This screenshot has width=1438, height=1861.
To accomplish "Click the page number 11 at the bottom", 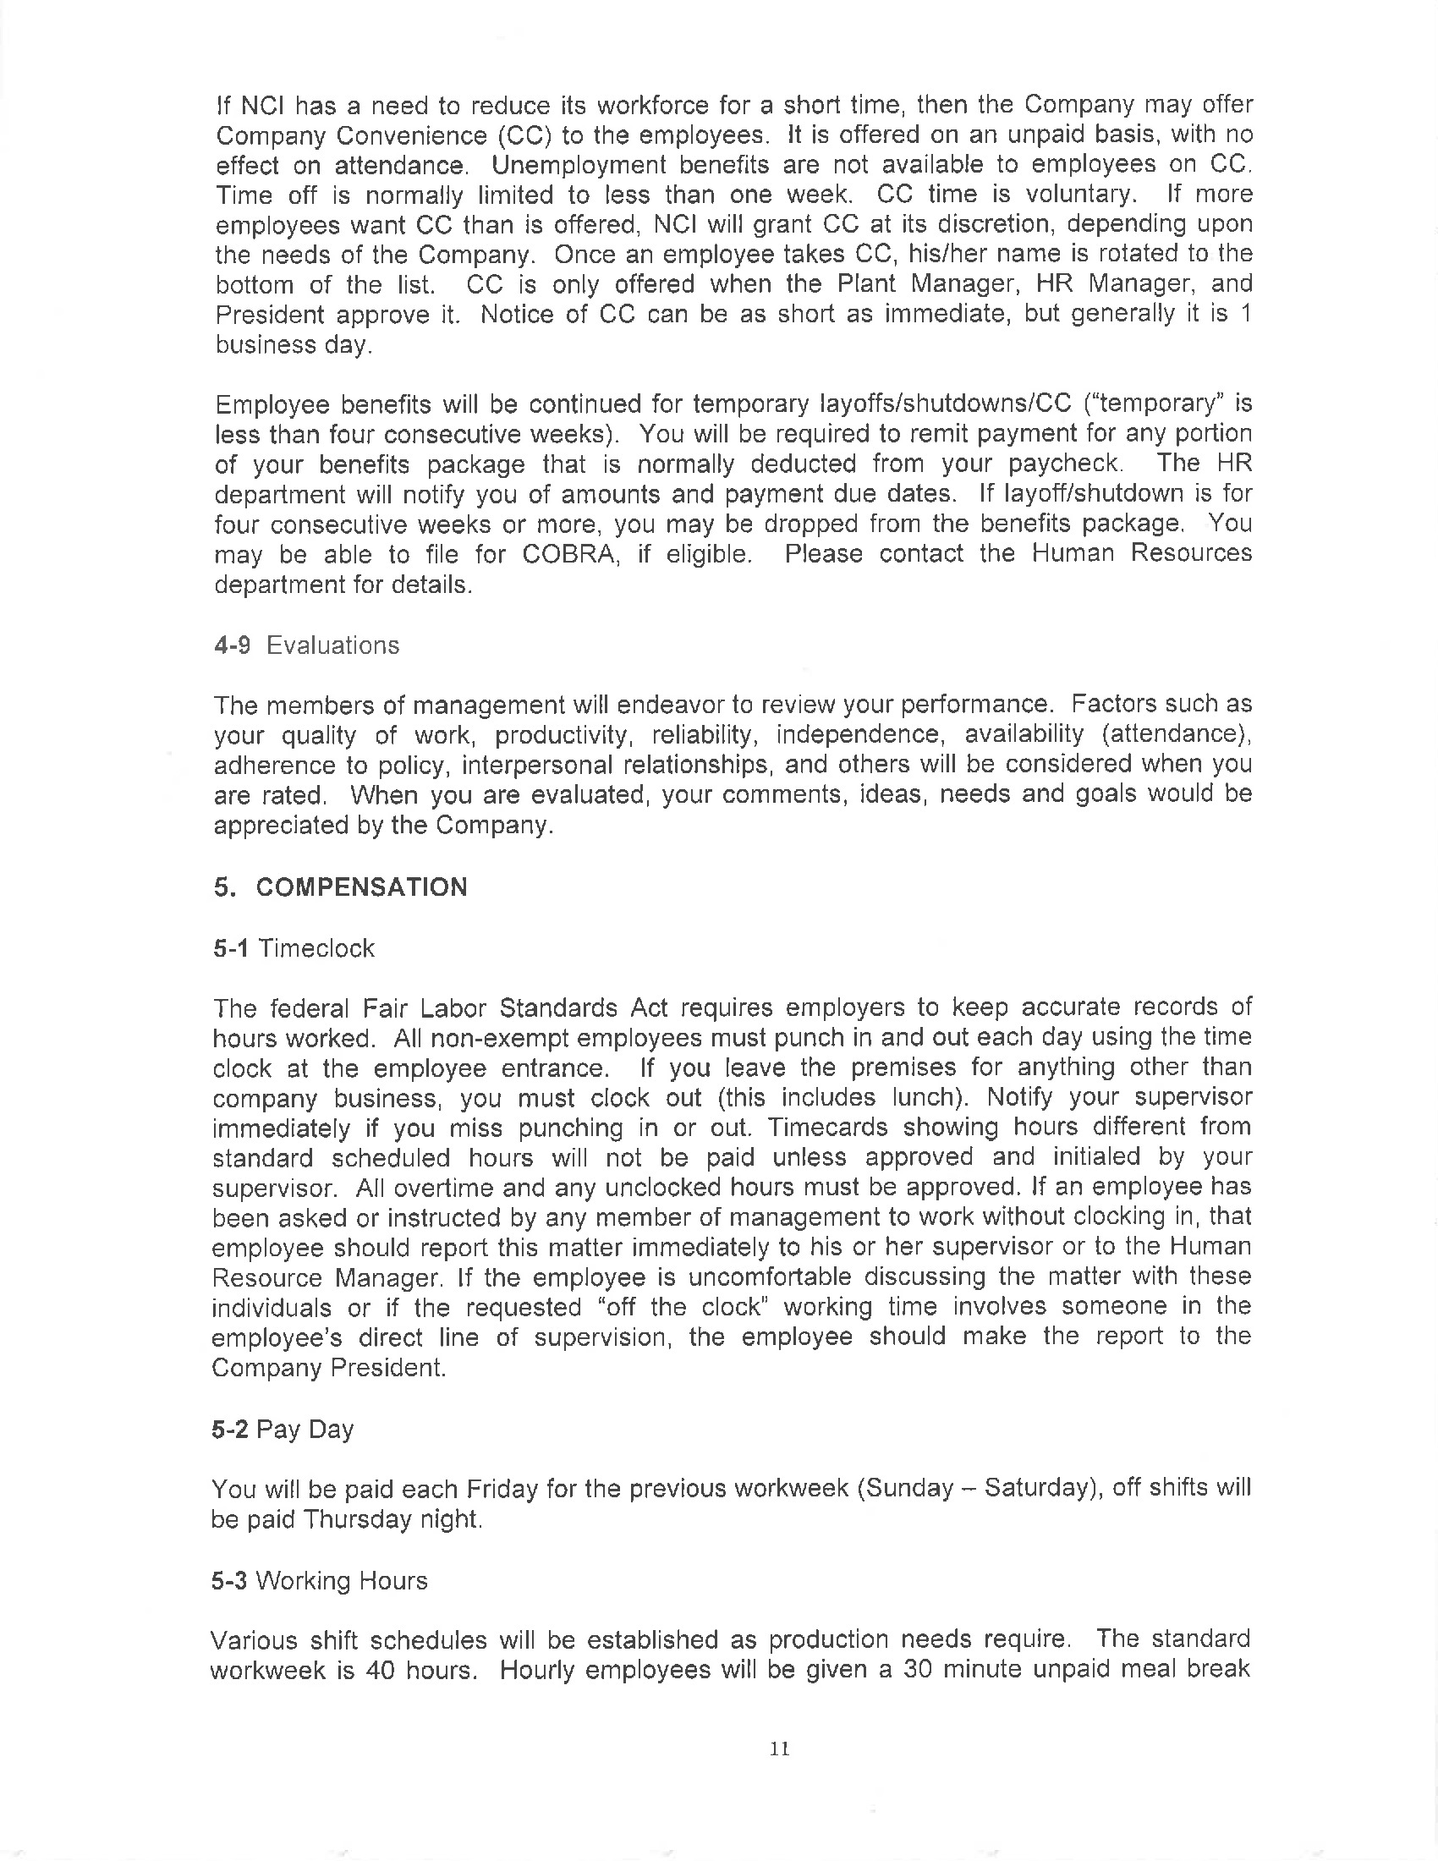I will click(x=780, y=1748).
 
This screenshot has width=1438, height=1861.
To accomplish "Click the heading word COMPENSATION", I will click(x=361, y=887).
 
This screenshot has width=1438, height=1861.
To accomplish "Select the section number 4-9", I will click(x=232, y=645).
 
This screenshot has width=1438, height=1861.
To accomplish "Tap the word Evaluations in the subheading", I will click(x=333, y=645).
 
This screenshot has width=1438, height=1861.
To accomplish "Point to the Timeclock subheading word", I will click(x=316, y=948).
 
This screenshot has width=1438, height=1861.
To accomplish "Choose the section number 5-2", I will click(x=230, y=1429).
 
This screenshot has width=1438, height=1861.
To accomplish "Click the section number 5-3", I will click(x=229, y=1581).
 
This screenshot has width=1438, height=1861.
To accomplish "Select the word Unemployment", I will click(x=576, y=164).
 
